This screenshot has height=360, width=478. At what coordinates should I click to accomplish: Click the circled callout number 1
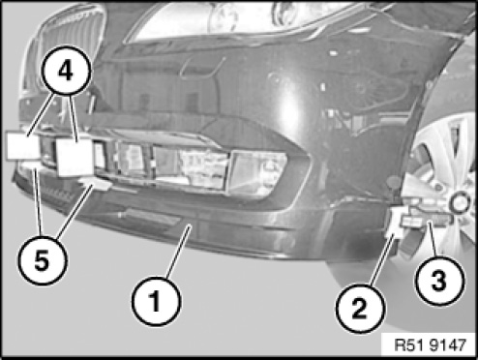click(156, 301)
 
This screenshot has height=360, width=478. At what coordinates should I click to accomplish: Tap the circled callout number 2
click(361, 308)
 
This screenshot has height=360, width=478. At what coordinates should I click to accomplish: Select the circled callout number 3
click(439, 281)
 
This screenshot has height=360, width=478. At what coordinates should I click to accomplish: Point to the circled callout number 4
click(67, 71)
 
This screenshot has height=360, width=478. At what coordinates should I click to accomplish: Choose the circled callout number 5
click(43, 259)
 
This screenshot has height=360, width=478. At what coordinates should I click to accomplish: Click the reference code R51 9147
click(431, 345)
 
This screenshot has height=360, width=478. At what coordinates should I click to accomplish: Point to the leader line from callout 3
click(433, 239)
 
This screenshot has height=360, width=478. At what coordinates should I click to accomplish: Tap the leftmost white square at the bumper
click(23, 147)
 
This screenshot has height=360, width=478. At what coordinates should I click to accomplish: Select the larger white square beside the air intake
click(75, 158)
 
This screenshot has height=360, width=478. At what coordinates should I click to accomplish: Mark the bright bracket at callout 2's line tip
click(398, 223)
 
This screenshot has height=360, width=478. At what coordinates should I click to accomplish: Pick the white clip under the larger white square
click(96, 184)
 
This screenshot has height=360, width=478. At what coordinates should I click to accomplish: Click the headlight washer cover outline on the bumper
click(202, 66)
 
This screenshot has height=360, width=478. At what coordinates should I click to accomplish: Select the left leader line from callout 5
click(38, 200)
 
